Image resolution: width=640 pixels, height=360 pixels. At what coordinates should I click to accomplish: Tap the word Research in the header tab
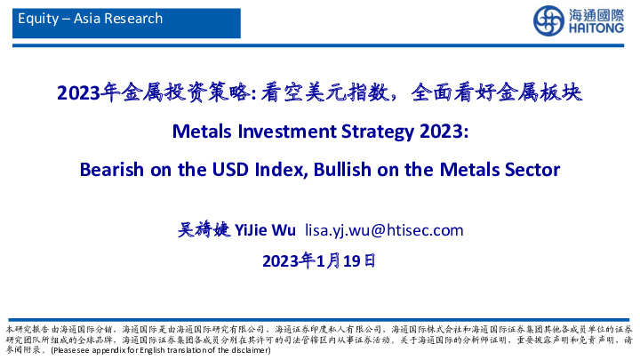[x=135, y=18]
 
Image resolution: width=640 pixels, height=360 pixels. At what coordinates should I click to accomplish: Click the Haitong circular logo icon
[x=547, y=20]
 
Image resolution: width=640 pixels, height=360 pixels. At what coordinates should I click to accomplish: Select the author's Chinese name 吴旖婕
[x=203, y=230]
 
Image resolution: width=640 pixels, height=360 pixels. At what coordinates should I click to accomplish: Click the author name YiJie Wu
[x=264, y=230]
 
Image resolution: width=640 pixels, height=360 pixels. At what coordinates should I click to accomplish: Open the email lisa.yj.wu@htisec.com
[x=384, y=230]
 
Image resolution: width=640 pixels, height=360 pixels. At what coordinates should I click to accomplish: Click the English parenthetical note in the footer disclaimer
[x=161, y=350]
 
